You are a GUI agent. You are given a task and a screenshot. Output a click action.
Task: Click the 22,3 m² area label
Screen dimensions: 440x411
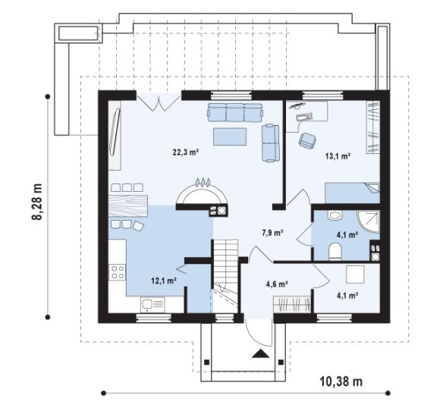186,152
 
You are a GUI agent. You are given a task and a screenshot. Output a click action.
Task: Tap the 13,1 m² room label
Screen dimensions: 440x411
338,156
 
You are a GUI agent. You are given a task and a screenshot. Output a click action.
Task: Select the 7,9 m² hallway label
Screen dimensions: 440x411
272,233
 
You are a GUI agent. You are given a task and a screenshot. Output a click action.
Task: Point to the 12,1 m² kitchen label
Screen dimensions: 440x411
164,281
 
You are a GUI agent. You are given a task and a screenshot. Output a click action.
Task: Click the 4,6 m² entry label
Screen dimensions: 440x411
277,284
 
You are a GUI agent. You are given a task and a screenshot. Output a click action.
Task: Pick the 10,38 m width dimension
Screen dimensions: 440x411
341,381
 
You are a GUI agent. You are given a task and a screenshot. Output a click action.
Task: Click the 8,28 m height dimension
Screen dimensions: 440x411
37,202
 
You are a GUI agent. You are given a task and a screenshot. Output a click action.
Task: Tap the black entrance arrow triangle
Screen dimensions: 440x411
261,353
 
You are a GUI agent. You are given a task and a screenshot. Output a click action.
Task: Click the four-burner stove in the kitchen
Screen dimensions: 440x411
118,272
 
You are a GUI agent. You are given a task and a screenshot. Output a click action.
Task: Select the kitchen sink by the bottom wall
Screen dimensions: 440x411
153,304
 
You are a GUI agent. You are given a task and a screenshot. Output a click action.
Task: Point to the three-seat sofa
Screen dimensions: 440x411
235,112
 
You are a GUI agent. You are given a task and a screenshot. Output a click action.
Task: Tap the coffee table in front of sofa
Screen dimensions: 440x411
230,136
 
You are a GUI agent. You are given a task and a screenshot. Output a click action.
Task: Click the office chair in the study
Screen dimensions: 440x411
307,140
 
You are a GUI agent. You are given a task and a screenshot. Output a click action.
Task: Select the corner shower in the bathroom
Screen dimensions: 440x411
369,221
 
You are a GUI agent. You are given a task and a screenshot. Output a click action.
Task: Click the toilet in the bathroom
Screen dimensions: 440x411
335,251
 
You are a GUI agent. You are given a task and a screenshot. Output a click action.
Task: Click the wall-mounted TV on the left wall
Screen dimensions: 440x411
115,132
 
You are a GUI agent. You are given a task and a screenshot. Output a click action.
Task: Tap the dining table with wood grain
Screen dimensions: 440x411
128,206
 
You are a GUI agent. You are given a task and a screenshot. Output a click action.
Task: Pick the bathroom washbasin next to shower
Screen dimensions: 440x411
335,215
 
